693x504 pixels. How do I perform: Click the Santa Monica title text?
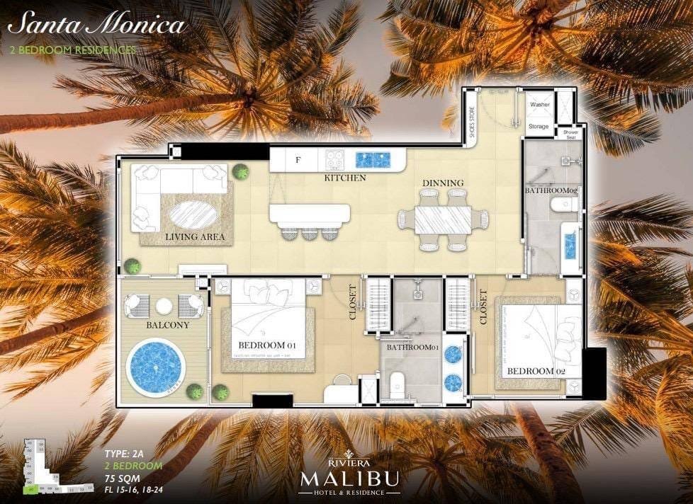[x=96, y=25]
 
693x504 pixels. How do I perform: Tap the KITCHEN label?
[x=345, y=178]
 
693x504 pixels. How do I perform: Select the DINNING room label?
[x=443, y=183]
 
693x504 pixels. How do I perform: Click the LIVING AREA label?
[x=195, y=236]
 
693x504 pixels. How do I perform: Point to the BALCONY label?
[x=167, y=325]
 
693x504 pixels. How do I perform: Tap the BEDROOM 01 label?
[x=266, y=345]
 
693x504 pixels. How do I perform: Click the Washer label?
[x=540, y=105]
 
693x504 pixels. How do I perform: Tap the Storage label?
[x=539, y=126]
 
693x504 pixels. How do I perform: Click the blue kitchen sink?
[x=373, y=159]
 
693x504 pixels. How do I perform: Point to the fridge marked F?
[x=297, y=160]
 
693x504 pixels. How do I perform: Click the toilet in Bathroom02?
[x=563, y=205]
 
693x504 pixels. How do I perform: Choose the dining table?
[x=442, y=219]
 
